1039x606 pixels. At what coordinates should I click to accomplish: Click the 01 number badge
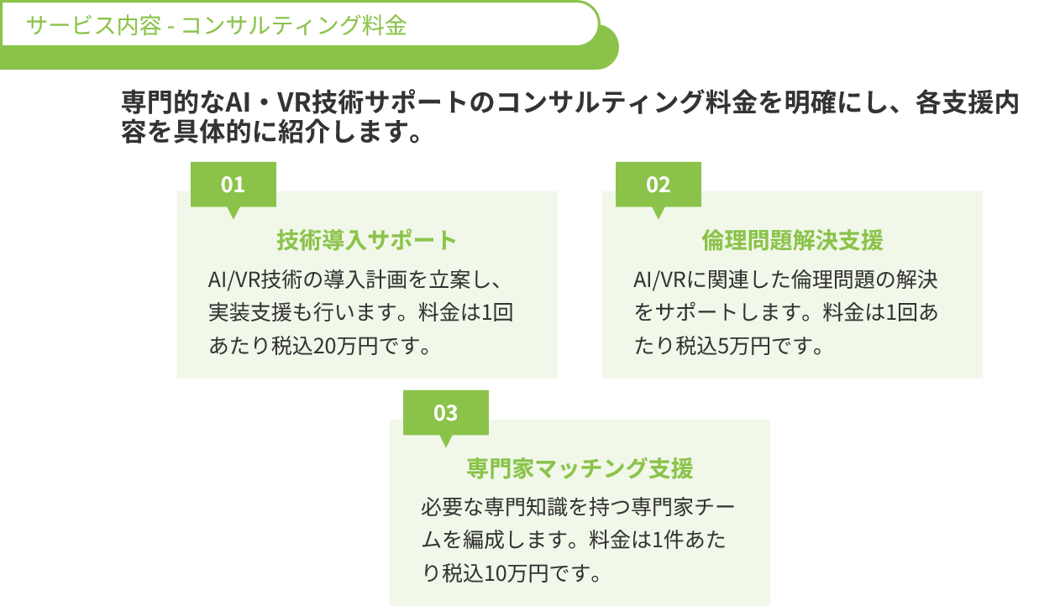coord(233,185)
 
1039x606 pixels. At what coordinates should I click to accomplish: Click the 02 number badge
coord(659,185)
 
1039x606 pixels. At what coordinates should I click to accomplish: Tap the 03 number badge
coord(445,413)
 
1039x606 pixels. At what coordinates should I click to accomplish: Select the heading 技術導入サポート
coord(367,240)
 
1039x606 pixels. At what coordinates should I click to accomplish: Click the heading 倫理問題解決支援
coord(792,240)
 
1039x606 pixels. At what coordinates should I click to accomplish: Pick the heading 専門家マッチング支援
coord(580,468)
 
